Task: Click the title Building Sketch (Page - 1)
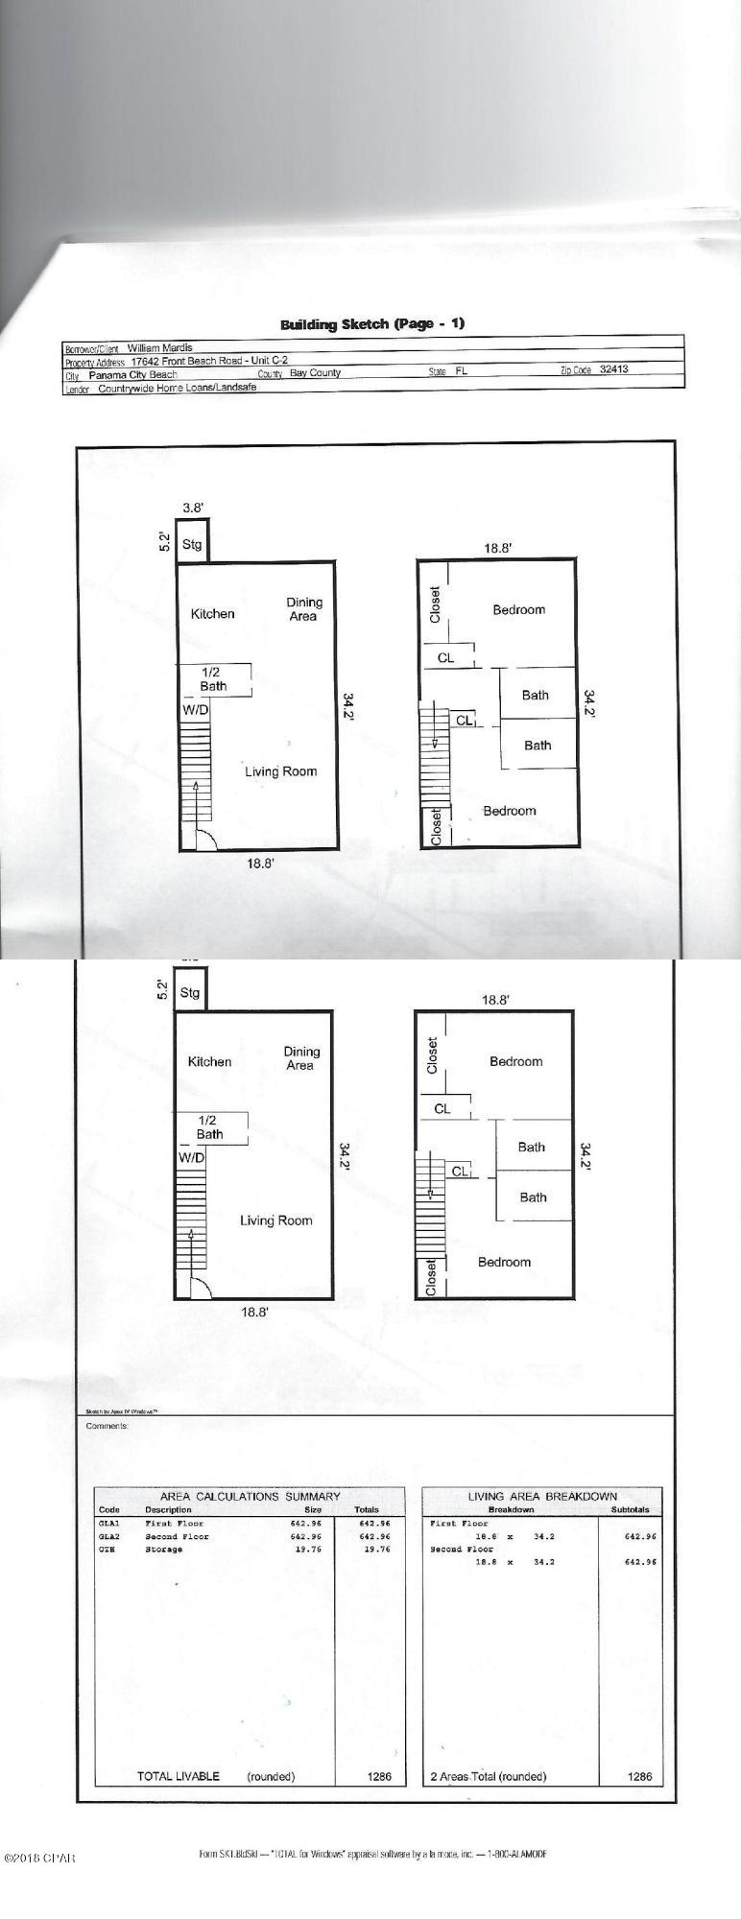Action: click(371, 323)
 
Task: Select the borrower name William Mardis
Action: click(160, 348)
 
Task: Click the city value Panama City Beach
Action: click(132, 375)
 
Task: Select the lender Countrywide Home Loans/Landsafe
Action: click(177, 389)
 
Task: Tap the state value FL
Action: click(462, 370)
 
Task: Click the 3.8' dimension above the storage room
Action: click(193, 508)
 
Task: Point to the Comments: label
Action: click(107, 1426)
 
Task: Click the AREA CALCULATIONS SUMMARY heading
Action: click(250, 1496)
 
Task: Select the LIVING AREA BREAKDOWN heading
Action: click(542, 1496)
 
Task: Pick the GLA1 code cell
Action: click(109, 1523)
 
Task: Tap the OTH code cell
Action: click(107, 1549)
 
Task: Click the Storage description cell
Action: click(163, 1549)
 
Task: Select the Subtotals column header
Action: click(630, 1509)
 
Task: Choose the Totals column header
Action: click(367, 1509)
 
